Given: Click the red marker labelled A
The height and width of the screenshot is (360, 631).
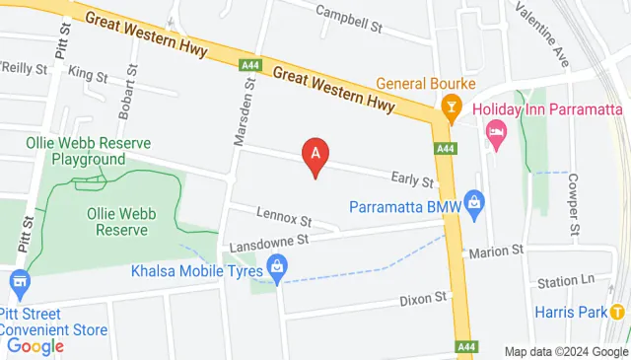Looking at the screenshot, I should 315,155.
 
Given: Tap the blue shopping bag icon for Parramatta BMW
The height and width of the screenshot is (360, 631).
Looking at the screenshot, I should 474,207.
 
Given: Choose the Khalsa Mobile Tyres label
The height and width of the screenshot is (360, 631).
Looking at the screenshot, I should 195,270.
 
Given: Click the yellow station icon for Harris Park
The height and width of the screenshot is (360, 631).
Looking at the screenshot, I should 617,312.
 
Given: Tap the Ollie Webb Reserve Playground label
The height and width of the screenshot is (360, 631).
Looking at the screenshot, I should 88,151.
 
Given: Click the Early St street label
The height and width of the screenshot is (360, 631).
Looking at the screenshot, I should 412,180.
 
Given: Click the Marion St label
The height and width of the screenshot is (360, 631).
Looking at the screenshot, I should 496,252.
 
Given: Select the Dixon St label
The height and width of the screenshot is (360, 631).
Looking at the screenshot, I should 424,297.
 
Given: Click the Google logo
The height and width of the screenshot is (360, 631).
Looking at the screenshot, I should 35,346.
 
